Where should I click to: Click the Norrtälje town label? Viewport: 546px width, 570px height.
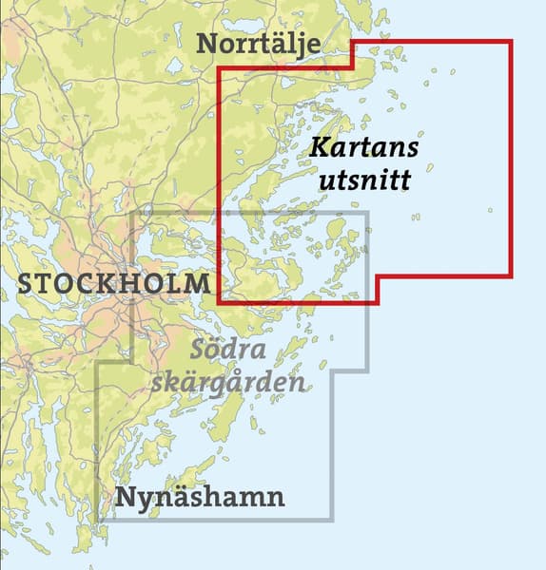259,44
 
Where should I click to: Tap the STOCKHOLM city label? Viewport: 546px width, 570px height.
114,283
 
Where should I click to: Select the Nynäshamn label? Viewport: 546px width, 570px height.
199,497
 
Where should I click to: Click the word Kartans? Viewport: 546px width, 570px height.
364,149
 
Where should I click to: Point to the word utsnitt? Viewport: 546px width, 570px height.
365,178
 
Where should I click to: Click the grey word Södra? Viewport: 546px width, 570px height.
226,350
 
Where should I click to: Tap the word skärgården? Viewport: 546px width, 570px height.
229,382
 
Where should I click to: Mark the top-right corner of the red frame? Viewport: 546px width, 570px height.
511,42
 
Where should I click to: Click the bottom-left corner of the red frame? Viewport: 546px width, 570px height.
220,302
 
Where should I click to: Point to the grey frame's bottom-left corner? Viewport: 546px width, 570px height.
98,520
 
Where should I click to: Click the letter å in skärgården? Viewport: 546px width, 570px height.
253,382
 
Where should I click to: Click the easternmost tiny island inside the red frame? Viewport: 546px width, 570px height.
491,210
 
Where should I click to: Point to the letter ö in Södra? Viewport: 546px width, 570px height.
212,350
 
